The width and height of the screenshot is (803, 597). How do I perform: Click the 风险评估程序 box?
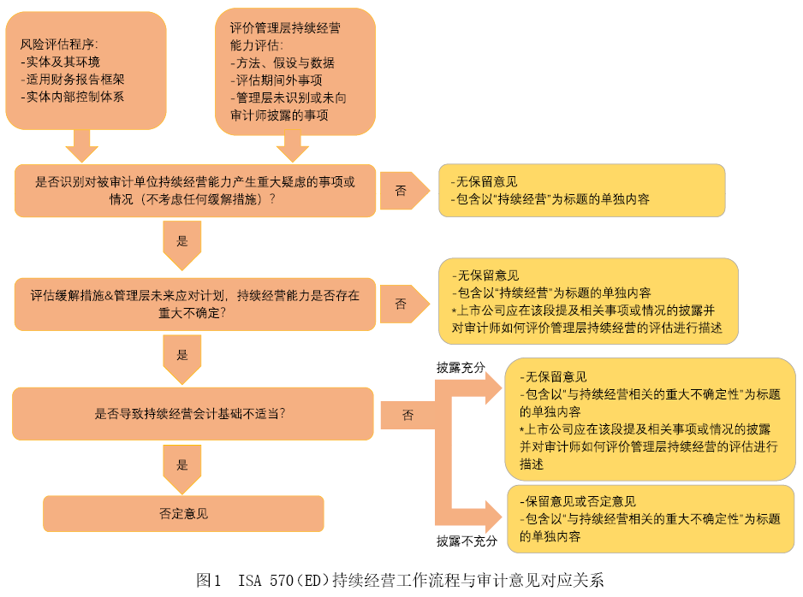coord(86,71)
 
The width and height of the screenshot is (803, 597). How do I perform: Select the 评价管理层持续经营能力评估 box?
coord(295,72)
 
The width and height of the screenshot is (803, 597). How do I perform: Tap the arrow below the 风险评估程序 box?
coord(82,146)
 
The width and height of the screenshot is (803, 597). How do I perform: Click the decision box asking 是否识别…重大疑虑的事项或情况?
coord(195,191)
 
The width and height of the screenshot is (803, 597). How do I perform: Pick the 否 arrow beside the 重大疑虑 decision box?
coord(405,191)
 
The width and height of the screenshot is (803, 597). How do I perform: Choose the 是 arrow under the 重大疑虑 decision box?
coord(182,245)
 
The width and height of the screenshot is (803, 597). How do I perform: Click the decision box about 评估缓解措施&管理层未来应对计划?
coord(195,304)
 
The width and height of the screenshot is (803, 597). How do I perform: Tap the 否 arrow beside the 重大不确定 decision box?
coord(405,304)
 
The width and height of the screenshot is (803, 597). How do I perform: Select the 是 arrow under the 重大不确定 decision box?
coord(182,359)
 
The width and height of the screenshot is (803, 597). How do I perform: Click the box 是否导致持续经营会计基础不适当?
coord(193,414)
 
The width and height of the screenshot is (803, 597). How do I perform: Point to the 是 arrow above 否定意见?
coord(182,469)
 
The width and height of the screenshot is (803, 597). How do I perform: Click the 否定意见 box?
coord(183,514)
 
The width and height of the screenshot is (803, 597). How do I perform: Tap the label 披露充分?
coord(461,367)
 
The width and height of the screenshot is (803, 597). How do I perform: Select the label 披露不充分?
coord(467,541)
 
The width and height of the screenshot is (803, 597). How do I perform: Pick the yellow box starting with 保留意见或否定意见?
coord(651,518)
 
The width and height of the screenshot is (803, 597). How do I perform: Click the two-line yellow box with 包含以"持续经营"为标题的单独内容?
coord(582,190)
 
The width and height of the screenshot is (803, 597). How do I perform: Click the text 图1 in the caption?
coord(209,580)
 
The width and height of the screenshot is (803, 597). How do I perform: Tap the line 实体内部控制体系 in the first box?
coord(72,97)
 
